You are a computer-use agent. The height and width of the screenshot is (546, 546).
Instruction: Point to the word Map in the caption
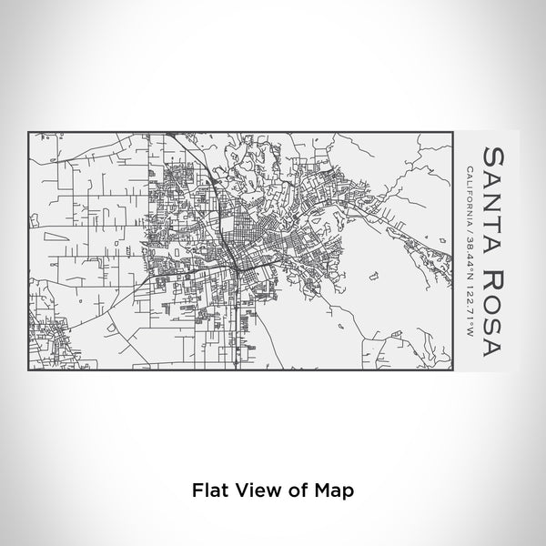pyautogui.click(x=331, y=490)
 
